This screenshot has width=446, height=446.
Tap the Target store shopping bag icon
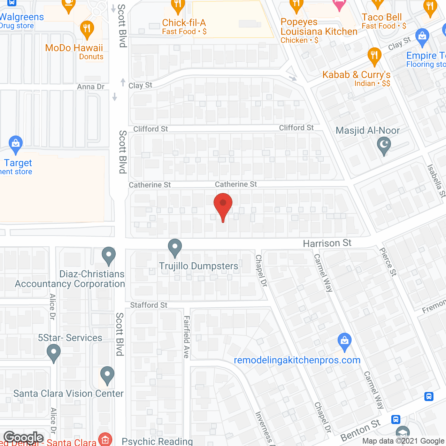point(15,144)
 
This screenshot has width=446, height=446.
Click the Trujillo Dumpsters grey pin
point(175,247)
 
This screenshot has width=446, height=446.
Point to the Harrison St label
point(327,243)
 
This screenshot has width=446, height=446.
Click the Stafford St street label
point(148,305)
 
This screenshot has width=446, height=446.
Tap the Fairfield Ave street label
point(187,337)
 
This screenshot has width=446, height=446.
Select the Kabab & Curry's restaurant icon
point(374,56)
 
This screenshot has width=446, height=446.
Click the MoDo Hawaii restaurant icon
point(87,29)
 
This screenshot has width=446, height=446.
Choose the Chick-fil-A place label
point(184,23)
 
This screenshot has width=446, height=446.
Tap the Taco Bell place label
point(382,17)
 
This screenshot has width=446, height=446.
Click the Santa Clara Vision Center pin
point(107,375)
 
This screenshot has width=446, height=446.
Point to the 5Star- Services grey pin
point(53,352)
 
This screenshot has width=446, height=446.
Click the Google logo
point(23,438)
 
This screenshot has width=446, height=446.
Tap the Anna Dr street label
point(91,87)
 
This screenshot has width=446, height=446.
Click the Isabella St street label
point(437,180)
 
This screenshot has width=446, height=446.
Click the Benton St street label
point(360,430)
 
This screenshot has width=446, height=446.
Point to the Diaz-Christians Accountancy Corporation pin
point(109,255)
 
